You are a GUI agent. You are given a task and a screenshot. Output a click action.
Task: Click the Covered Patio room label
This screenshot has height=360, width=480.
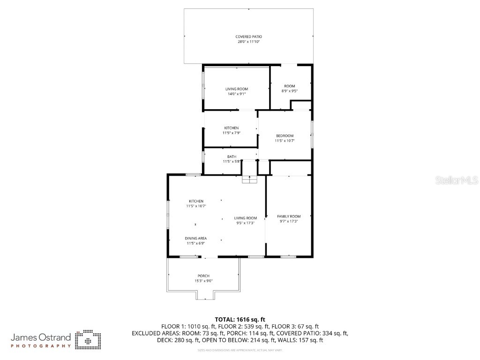point(248,37)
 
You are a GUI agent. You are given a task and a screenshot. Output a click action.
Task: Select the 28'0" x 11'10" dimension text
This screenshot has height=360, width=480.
point(248,42)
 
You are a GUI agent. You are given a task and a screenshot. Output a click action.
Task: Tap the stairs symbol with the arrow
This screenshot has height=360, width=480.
point(249,180)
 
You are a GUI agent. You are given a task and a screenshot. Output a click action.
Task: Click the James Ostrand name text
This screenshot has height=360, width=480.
point(41,337)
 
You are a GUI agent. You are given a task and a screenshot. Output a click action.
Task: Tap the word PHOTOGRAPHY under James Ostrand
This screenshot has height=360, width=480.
point(41,346)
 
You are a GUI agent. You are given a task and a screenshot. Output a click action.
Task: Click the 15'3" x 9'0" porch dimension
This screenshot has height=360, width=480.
point(203,281)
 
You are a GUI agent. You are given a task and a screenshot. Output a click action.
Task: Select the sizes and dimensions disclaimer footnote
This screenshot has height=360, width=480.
point(240,350)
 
